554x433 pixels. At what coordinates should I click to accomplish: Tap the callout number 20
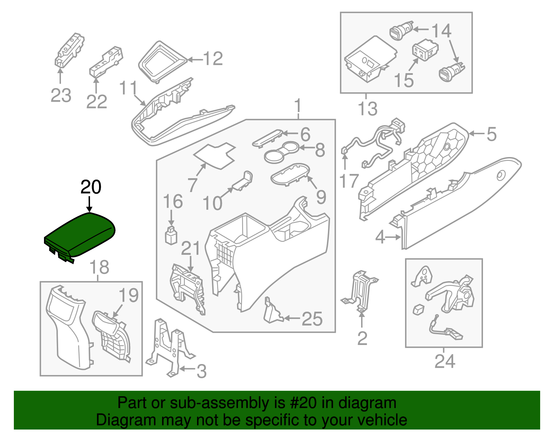(91, 187)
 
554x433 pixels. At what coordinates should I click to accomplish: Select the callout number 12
(213, 59)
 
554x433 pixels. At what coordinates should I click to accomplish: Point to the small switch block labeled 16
(171, 236)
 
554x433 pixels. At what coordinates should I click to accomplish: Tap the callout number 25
(312, 319)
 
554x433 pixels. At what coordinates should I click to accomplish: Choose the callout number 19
(128, 295)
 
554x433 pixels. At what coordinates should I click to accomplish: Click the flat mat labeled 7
(215, 156)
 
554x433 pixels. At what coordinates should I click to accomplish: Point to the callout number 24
(445, 362)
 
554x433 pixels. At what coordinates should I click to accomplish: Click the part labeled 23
(69, 50)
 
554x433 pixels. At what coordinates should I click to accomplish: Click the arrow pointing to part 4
(393, 237)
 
